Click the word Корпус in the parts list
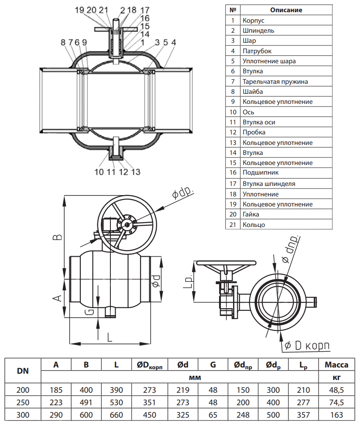coord(253,20)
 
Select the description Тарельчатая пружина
coord(275,81)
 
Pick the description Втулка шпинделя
coord(269,184)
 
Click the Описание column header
coord(286,10)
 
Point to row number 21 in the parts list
coord(233,225)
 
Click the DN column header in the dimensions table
coord(23,371)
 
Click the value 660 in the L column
coord(116,415)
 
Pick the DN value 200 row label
coord(23,390)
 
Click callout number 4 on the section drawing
coord(173,42)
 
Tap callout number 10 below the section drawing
coord(99,172)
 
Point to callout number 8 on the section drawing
coord(63,42)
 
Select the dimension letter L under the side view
coord(109,337)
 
